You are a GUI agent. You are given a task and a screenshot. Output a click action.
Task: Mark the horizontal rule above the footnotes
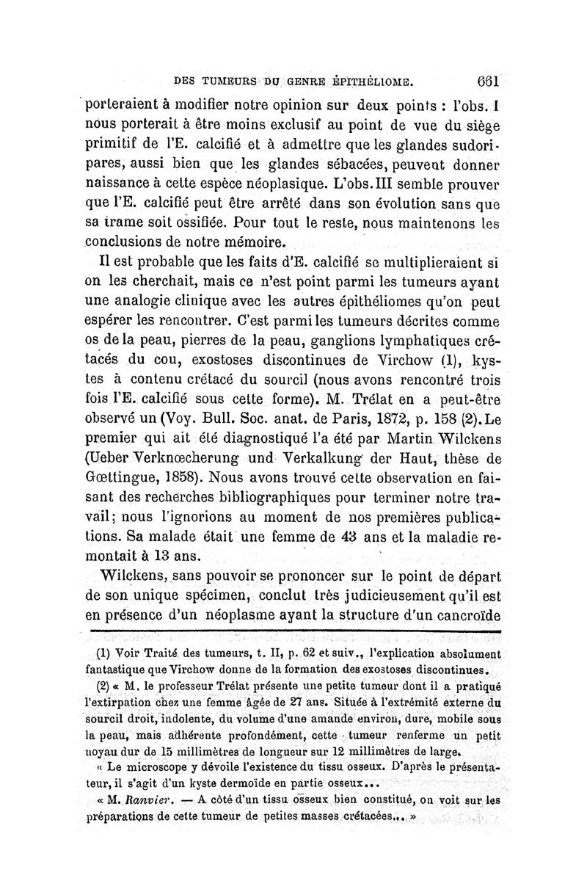pos(293,631)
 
